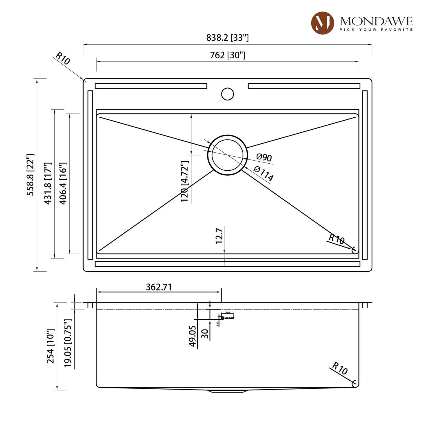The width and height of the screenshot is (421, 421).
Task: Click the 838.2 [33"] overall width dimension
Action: (227, 38)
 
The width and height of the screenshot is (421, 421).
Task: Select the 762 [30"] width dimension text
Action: (228, 55)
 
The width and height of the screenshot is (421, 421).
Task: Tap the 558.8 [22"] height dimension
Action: (30, 175)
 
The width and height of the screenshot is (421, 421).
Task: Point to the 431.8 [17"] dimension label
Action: (48, 183)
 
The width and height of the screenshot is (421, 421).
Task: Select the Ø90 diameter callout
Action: (264, 157)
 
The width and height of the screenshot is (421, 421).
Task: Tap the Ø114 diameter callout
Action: (264, 173)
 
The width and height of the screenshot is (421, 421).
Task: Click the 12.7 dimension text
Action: (219, 236)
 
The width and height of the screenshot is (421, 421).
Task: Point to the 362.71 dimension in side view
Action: (159, 287)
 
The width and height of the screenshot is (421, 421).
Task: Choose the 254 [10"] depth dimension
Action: (50, 346)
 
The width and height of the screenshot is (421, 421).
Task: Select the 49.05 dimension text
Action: (192, 336)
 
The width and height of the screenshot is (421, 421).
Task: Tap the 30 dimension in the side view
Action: (205, 333)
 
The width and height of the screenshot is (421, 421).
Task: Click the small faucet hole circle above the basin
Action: (227, 94)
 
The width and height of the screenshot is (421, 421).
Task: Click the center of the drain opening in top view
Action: (227, 155)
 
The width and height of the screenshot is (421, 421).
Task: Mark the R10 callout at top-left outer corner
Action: (62, 58)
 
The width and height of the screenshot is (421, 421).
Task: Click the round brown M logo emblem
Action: (322, 23)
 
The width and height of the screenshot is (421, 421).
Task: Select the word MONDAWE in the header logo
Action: (376, 21)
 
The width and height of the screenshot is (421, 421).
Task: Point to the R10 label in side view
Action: (340, 368)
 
